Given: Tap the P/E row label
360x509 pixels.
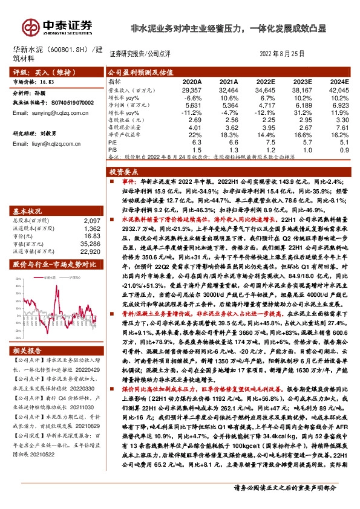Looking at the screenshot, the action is (x=113, y=143).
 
